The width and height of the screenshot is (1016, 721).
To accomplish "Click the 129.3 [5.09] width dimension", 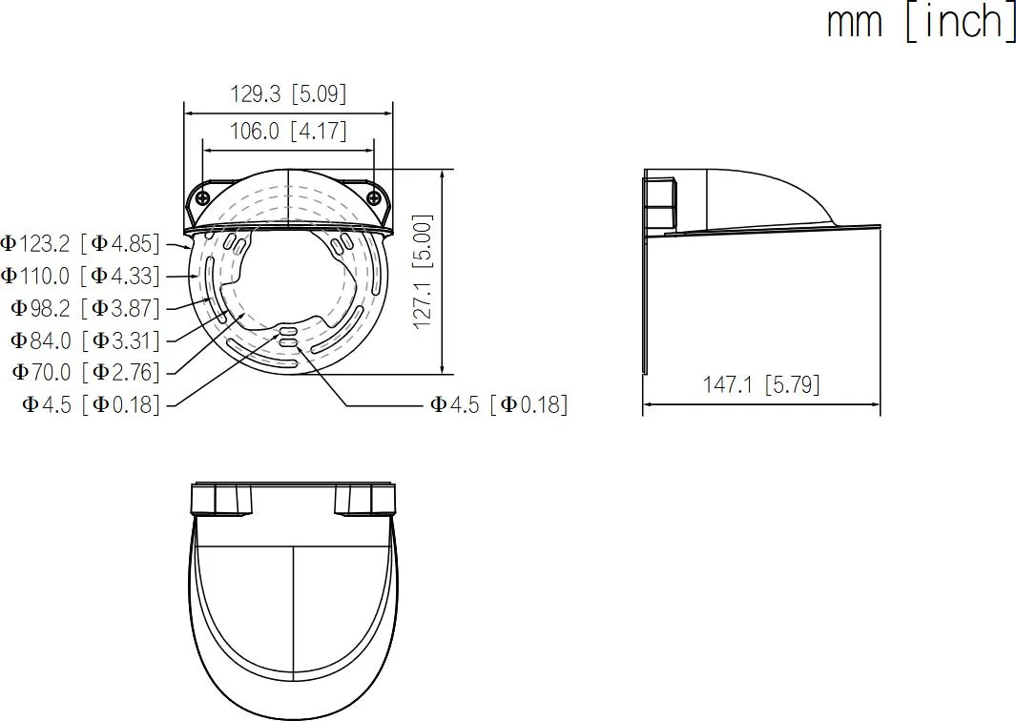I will coord(288,94).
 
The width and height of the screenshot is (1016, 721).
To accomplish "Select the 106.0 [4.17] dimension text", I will coord(288,131).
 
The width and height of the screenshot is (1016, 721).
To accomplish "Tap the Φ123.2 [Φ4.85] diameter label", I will coord(81,243).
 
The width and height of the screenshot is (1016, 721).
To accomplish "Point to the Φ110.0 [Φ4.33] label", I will coord(81,276).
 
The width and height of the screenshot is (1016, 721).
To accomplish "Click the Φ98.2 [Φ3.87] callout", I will coord(86,308).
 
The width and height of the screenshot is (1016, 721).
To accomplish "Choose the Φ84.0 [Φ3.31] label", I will coord(86,340).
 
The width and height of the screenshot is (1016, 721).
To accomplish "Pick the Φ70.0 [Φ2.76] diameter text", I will coord(86,372).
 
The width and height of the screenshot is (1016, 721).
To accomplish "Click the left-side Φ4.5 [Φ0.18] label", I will coord(92,404).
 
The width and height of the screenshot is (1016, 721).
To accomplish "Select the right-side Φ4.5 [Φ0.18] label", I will coord(498,404).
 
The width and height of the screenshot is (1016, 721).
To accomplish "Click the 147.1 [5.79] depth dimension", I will coord(761,384).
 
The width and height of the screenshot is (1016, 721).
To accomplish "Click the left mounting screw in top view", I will coord(203,197).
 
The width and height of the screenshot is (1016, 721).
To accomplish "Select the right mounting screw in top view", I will coord(374,197).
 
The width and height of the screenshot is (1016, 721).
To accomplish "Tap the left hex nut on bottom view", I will coord(221,500).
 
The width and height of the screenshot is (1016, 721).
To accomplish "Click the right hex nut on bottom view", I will coord(363,500).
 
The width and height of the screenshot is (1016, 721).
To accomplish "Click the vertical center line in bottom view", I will coord(292,629).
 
